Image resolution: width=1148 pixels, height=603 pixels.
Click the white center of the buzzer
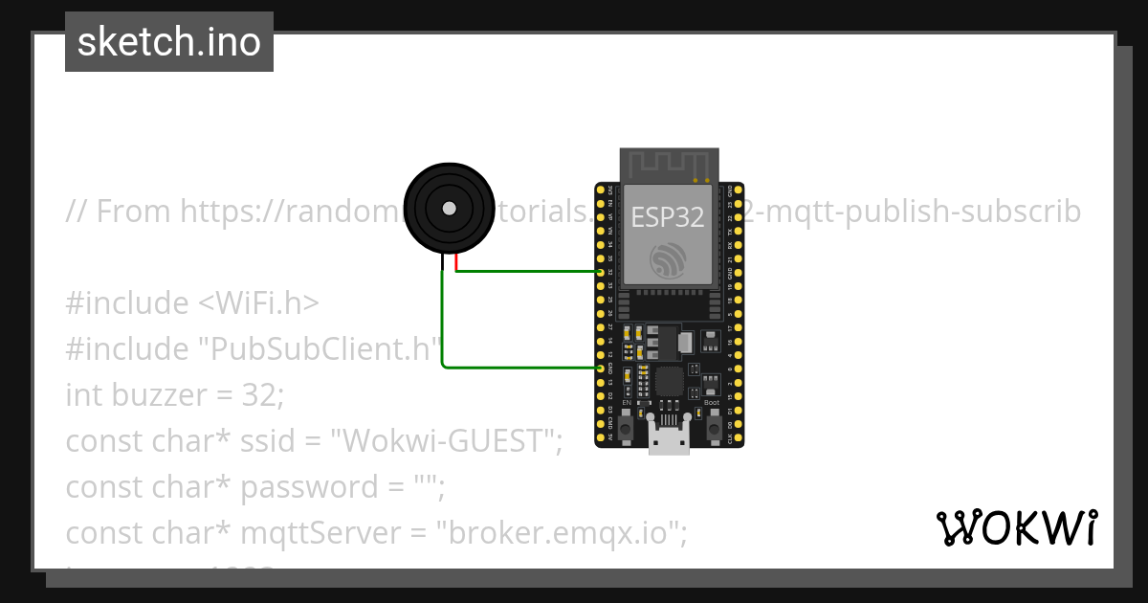[448, 208]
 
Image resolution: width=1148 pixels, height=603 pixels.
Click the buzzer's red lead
[456, 261]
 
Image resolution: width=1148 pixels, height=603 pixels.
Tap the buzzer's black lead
[442, 261]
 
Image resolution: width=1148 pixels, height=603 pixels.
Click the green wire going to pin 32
[526, 272]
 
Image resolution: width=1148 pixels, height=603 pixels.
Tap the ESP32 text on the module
[668, 217]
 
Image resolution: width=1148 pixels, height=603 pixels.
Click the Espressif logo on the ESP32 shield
[668, 259]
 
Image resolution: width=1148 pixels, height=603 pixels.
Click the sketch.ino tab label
[169, 42]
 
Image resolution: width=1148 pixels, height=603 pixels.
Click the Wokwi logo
[1016, 527]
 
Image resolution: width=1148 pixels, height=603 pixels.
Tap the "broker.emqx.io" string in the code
[561, 532]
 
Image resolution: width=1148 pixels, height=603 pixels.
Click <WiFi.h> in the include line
[258, 302]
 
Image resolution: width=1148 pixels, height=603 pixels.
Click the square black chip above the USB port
[669, 383]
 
